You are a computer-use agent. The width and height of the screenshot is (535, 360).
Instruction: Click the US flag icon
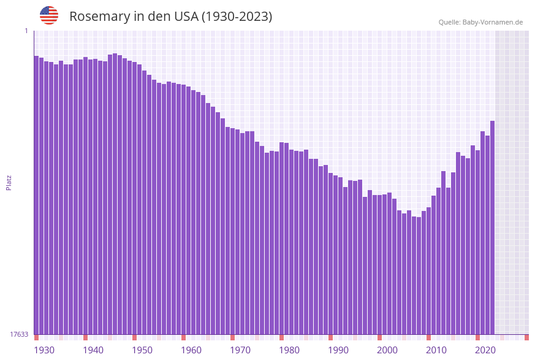pyautogui.click(x=49, y=15)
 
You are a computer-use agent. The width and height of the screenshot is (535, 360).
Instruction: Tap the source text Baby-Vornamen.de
pyautogui.click(x=493, y=22)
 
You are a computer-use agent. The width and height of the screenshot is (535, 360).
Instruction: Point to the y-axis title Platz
pyautogui.click(x=9, y=182)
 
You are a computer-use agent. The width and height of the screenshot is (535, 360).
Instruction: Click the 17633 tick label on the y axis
pyautogui.click(x=19, y=334)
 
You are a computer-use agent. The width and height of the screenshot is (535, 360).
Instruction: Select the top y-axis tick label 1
pyautogui.click(x=26, y=31)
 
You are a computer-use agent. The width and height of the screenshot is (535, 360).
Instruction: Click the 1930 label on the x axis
pyautogui.click(x=44, y=350)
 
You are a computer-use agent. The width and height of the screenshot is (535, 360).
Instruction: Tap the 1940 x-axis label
pyautogui.click(x=93, y=350)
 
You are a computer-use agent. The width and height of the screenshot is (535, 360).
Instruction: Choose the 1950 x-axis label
pyautogui.click(x=142, y=350)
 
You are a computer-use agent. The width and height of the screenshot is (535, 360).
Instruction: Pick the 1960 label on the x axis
pyautogui.click(x=191, y=350)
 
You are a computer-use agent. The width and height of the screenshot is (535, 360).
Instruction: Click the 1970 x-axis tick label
pyautogui.click(x=240, y=350)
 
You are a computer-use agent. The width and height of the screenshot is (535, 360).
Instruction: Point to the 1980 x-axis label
pyautogui.click(x=289, y=350)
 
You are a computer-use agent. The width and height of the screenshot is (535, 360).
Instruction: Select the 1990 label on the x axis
pyautogui.click(x=338, y=350)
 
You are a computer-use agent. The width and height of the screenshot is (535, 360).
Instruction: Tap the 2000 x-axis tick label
pyautogui.click(x=387, y=350)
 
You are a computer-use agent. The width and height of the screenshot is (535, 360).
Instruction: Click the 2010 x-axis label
pyautogui.click(x=436, y=350)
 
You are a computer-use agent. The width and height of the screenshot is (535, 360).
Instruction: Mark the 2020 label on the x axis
pyautogui.click(x=485, y=350)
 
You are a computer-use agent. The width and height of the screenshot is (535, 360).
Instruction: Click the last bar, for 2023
pyautogui.click(x=492, y=227)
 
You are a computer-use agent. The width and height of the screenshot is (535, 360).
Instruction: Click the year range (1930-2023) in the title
pyautogui.click(x=237, y=17)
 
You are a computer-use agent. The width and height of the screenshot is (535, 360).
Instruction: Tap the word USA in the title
pyautogui.click(x=186, y=17)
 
